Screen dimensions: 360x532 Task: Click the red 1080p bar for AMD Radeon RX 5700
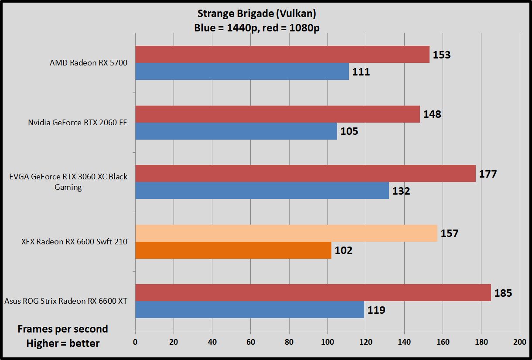[x=282, y=54]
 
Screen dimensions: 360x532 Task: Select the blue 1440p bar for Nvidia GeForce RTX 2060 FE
[x=236, y=131]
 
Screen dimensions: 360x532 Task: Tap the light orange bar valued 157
[x=286, y=233]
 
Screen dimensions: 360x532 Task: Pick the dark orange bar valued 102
[x=233, y=250]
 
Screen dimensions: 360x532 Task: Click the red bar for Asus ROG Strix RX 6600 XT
[x=313, y=292]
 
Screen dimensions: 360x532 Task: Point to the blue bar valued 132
[x=262, y=191]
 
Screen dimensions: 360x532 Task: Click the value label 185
[x=503, y=293]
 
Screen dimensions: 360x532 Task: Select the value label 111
[x=361, y=72]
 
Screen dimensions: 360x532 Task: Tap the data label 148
[x=432, y=114]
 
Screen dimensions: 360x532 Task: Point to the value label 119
[x=376, y=310]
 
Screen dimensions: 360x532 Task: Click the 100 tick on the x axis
[x=327, y=341]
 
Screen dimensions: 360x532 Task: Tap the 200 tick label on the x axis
[x=520, y=341]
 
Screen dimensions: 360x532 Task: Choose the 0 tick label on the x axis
[x=135, y=341]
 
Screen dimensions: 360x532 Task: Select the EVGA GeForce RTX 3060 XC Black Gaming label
[x=68, y=182]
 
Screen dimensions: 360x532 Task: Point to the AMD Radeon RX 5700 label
[x=89, y=63]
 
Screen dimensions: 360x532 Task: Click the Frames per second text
[x=63, y=329]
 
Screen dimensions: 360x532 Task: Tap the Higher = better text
[x=63, y=343]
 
